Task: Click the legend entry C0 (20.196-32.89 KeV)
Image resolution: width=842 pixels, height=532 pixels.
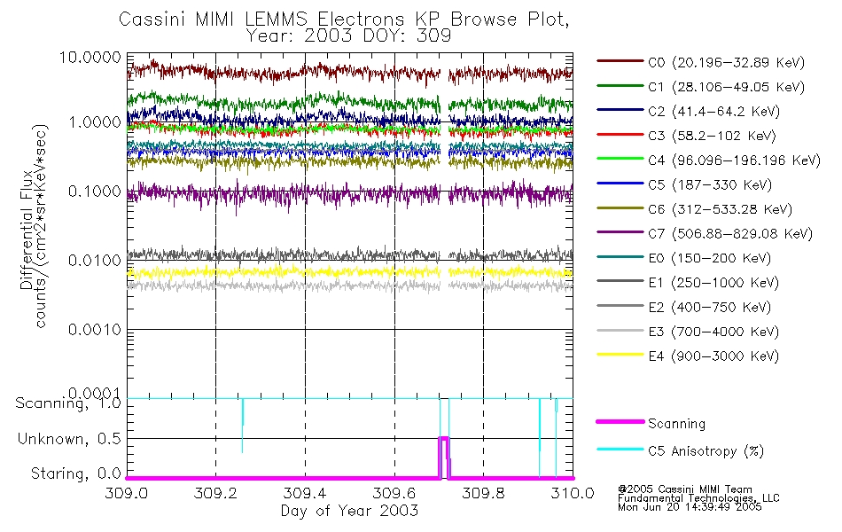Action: (700, 62)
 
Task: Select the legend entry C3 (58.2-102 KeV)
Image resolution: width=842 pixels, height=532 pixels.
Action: (700, 136)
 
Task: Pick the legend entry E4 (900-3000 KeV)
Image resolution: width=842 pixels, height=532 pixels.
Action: (700, 356)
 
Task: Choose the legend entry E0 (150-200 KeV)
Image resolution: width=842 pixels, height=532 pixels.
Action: (700, 258)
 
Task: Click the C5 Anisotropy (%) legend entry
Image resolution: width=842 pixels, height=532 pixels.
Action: (700, 450)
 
